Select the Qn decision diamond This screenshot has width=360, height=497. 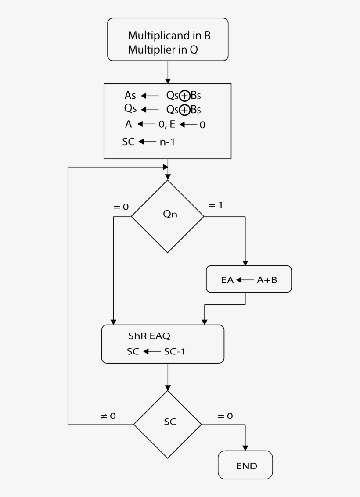pos(168,216)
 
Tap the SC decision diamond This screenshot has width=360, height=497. pos(168,424)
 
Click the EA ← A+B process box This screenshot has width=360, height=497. pos(249,279)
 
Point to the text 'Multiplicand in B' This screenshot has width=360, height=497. pos(172,36)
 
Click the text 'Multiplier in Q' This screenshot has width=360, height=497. pos(163,50)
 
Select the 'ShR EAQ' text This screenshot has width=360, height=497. pos(149,336)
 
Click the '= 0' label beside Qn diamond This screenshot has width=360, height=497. pos(121,207)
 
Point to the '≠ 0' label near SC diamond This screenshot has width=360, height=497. pos(108,416)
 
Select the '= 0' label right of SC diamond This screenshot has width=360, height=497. pos(225,416)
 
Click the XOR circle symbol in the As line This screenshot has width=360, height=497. pos(184,96)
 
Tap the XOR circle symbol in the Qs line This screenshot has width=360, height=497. pos(184,110)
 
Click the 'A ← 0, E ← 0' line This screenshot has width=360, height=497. pos(165,125)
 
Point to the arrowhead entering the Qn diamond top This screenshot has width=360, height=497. pos(168,177)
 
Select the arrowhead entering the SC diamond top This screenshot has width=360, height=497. pos(168,388)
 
